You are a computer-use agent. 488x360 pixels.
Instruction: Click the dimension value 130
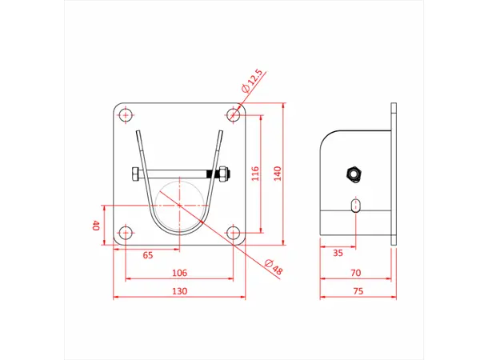[x=179, y=291]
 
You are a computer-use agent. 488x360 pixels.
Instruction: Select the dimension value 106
[x=179, y=273]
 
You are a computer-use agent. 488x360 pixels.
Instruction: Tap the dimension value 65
[x=148, y=255]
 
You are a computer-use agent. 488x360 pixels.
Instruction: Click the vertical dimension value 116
[x=255, y=174]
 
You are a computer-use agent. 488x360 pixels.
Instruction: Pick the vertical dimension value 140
[x=278, y=174]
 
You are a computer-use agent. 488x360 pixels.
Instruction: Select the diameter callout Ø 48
[x=273, y=267]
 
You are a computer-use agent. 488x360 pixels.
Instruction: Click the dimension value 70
[x=354, y=273]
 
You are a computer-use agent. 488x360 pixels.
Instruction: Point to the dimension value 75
[x=357, y=291]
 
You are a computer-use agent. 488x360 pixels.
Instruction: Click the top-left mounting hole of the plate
[x=126, y=116]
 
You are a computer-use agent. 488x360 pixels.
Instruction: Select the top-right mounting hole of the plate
[x=234, y=116]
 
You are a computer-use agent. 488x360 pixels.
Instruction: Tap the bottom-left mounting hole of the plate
[x=126, y=234]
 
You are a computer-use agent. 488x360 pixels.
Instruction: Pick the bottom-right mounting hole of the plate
[x=234, y=234]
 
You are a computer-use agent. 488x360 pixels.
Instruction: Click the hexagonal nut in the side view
[x=352, y=174]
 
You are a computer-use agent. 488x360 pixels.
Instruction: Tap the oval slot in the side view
[x=355, y=206]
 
